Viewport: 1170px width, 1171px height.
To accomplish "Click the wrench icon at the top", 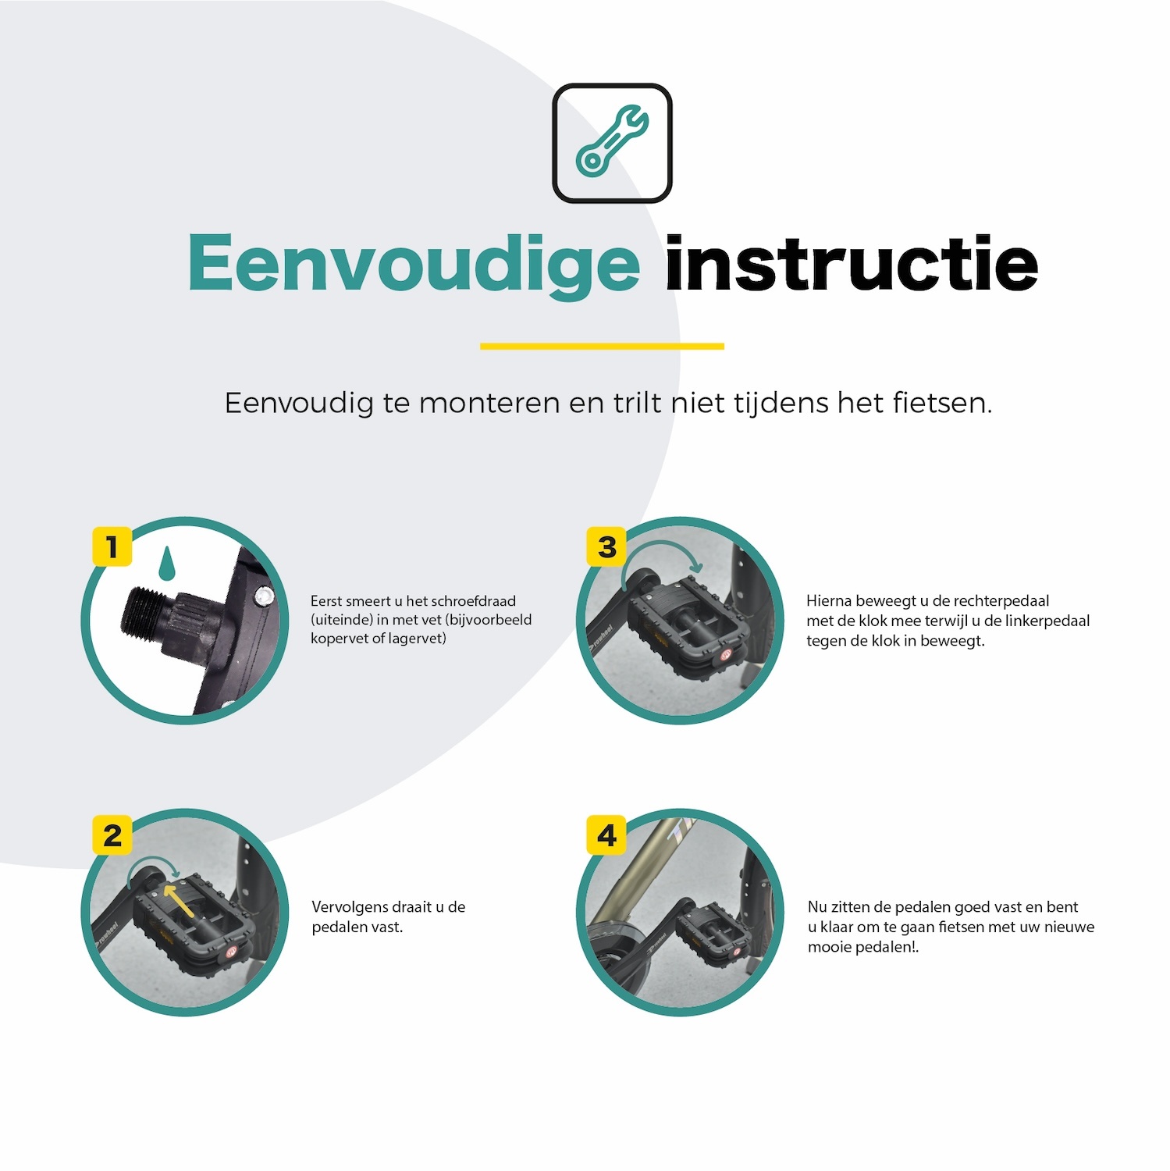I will [612, 142].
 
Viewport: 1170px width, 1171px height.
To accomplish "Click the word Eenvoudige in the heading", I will [414, 264].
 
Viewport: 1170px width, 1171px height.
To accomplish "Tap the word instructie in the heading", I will [851, 264].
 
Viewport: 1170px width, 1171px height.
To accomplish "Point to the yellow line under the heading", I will [602, 346].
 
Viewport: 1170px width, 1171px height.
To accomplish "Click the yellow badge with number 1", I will [112, 546].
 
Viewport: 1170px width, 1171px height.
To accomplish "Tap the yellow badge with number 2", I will [112, 835].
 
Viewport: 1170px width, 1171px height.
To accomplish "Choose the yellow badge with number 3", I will [606, 546].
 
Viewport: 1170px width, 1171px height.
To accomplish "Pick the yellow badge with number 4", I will [606, 835].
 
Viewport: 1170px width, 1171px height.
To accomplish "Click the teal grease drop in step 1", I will [165, 564].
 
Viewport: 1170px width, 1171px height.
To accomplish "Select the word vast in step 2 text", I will [386, 927].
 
